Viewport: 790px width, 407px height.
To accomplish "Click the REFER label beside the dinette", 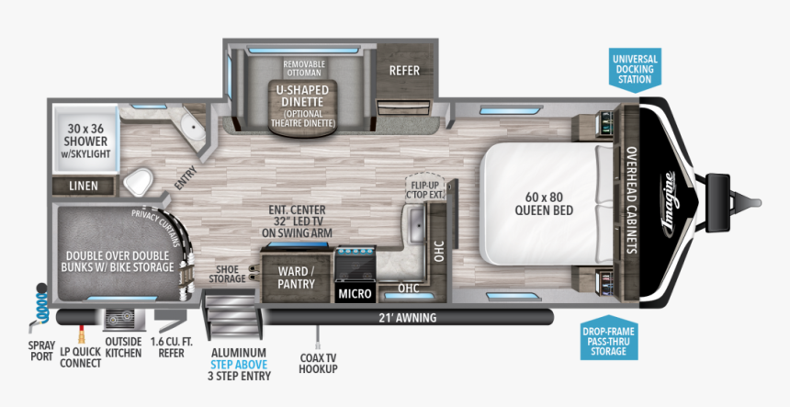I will (404, 70).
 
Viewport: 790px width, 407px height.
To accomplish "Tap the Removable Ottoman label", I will (303, 68).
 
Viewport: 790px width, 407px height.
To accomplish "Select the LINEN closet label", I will (85, 186).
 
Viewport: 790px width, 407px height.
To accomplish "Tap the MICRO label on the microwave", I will (355, 293).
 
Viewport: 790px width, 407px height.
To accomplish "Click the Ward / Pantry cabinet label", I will (296, 277).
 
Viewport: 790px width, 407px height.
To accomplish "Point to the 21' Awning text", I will (407, 318).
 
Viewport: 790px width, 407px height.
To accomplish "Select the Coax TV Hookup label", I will (319, 362).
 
